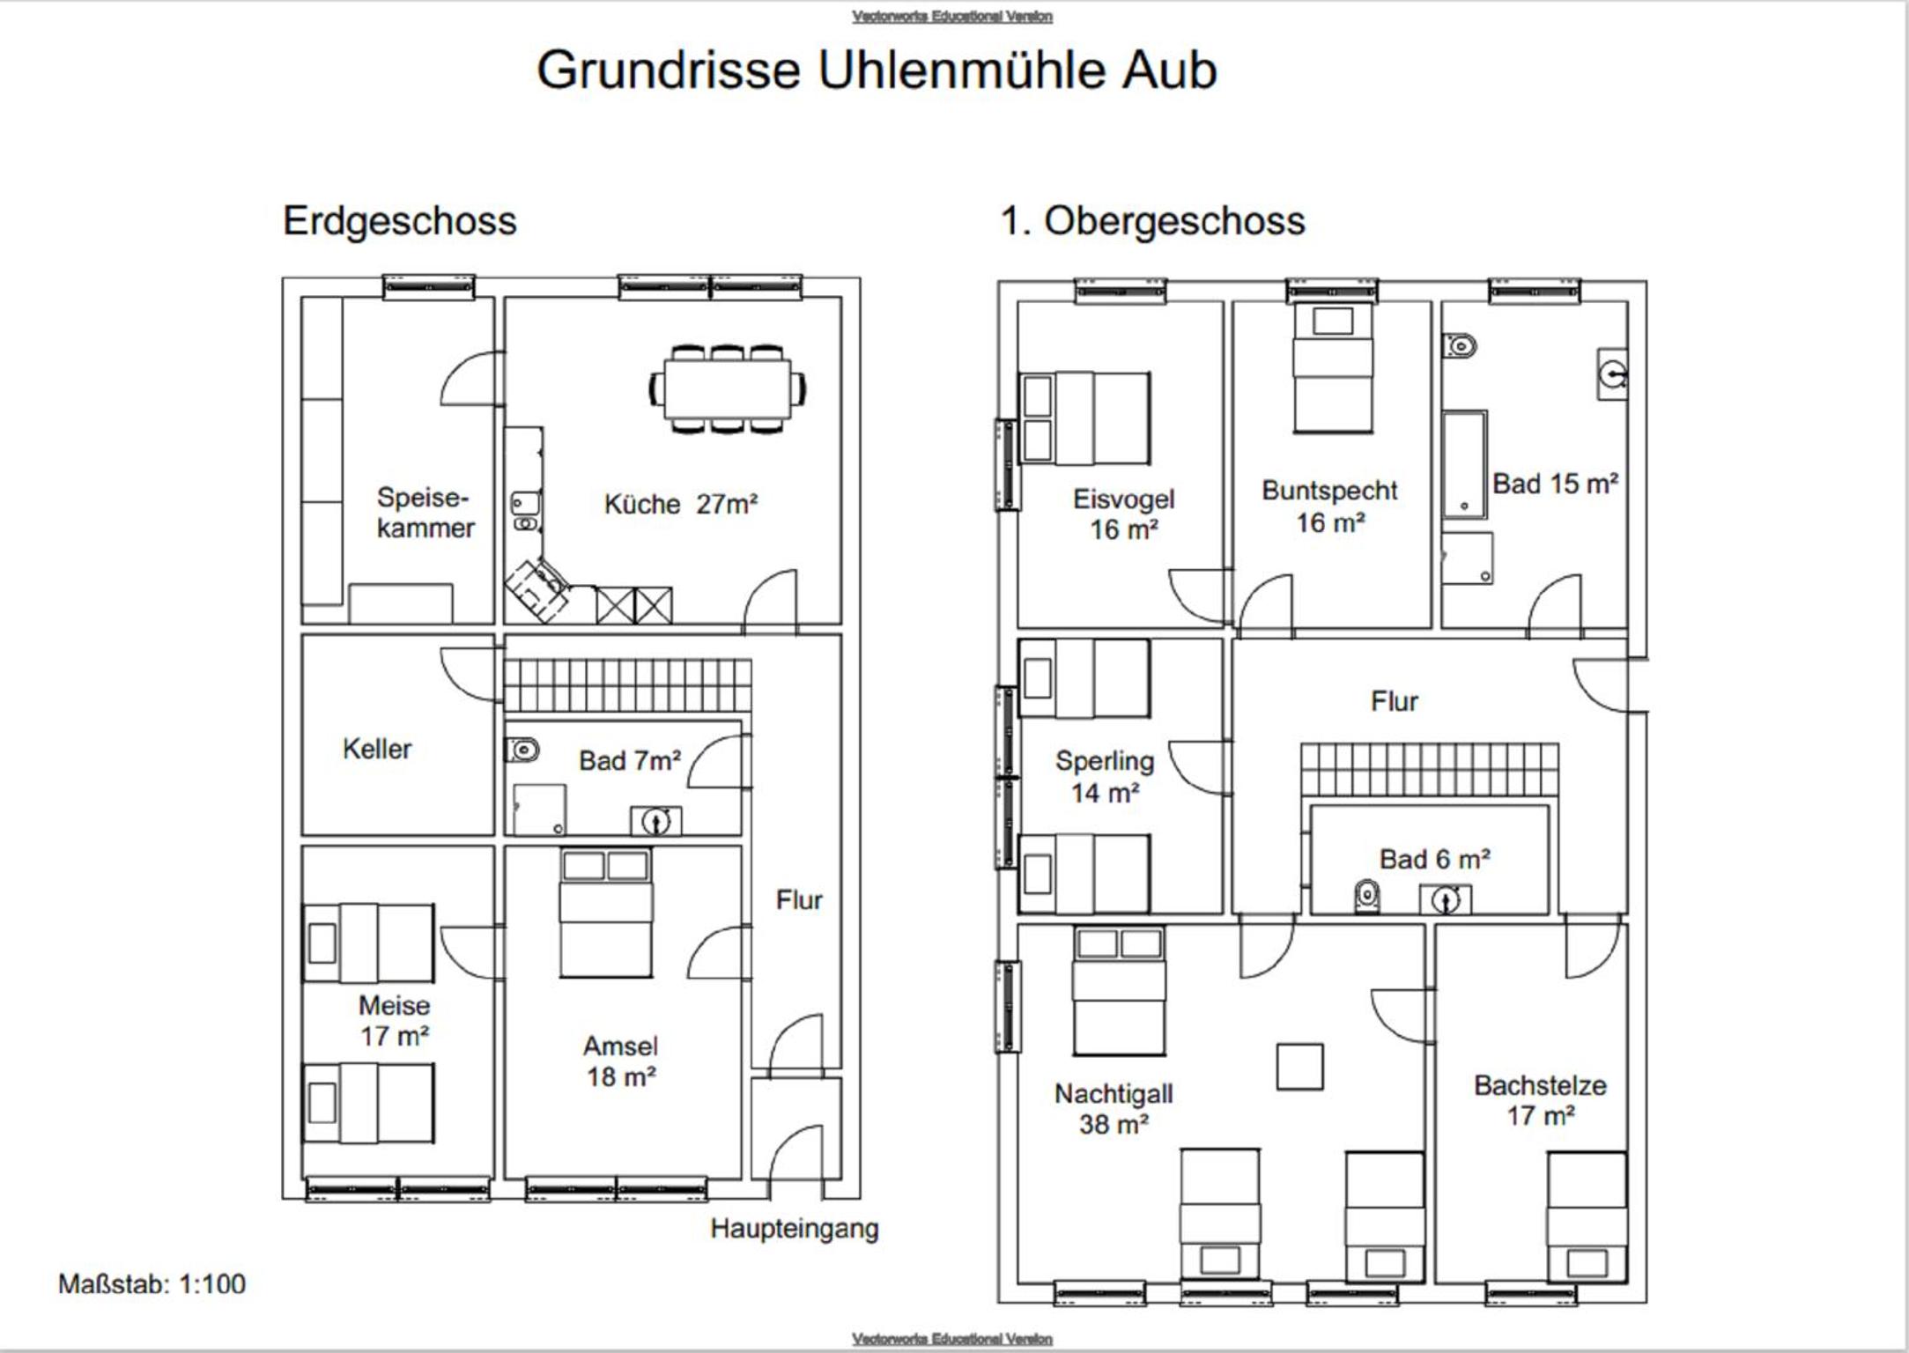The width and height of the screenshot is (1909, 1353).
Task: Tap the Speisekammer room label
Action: (x=425, y=513)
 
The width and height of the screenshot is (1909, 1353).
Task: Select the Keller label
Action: (x=377, y=749)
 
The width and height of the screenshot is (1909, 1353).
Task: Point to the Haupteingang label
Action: (x=795, y=1229)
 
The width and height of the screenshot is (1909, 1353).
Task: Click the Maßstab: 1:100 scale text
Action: (x=152, y=1283)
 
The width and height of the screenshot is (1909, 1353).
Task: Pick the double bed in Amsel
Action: (x=606, y=913)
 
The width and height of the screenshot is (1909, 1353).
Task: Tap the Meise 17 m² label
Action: (x=394, y=1020)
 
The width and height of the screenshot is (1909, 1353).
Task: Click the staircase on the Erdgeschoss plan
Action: (x=627, y=685)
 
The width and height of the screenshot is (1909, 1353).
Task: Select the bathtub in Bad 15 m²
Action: (x=1465, y=464)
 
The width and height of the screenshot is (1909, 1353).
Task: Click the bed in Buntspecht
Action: (x=1333, y=367)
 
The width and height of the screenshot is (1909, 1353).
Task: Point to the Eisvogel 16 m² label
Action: (x=1123, y=514)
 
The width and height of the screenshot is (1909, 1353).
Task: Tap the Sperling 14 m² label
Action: (x=1105, y=776)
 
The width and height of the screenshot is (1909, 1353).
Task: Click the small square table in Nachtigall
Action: (x=1299, y=1067)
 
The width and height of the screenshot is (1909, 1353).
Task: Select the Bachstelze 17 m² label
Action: (x=1540, y=1100)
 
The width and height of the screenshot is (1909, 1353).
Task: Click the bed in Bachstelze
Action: (x=1587, y=1216)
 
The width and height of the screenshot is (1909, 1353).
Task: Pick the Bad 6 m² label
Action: (x=1435, y=859)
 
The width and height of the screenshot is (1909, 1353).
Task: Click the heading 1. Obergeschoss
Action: (x=1152, y=221)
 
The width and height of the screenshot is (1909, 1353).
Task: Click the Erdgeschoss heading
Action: (x=399, y=221)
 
